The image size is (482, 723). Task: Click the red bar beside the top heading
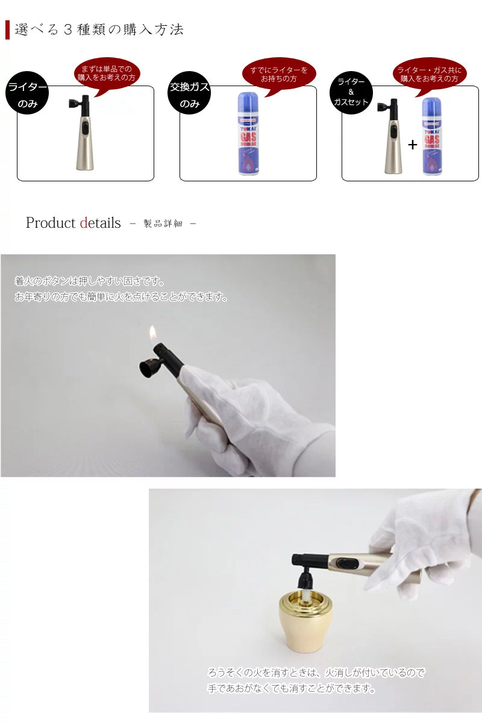(7, 30)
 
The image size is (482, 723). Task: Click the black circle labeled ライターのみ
(27, 93)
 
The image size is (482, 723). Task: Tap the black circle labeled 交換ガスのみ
(190, 93)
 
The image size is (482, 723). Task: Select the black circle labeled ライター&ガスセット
(351, 93)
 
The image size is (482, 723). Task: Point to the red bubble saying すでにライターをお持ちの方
(278, 74)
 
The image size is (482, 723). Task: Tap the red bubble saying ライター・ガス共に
(430, 75)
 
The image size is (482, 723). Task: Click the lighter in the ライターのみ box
(83, 133)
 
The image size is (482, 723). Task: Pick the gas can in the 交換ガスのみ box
(248, 134)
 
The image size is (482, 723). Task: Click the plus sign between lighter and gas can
(412, 145)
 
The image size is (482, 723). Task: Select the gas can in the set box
(432, 137)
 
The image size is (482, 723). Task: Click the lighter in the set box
(391, 136)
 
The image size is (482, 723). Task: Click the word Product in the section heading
(51, 223)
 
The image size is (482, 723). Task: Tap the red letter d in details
(84, 223)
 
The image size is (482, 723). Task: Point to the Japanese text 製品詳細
(163, 224)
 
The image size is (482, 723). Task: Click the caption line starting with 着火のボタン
(90, 281)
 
